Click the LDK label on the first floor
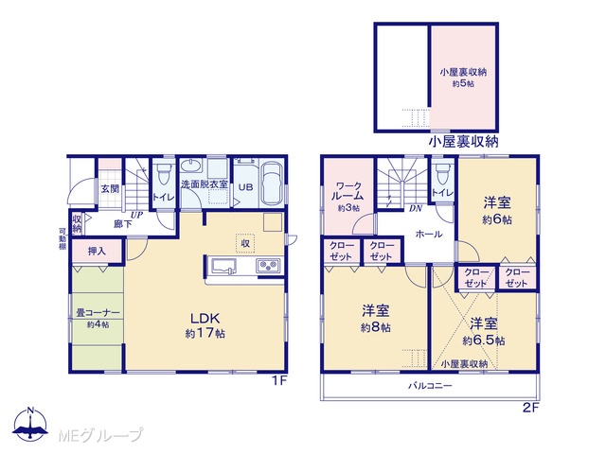[x=205, y=319]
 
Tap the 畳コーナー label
[x=98, y=313]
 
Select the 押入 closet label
[x=97, y=252]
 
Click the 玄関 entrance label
[x=110, y=189]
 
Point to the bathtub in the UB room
[x=272, y=183]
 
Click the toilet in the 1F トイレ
[x=164, y=174]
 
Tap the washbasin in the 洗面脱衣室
[x=191, y=166]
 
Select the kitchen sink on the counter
[x=223, y=267]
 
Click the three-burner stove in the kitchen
[x=268, y=266]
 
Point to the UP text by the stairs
[x=137, y=215]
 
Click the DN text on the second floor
[x=416, y=209]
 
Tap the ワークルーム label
[x=348, y=191]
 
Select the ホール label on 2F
[x=429, y=234]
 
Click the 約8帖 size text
[x=376, y=328]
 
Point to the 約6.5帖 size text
[x=484, y=340]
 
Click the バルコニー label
[x=430, y=385]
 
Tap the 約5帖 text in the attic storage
[x=463, y=83]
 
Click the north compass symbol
[x=30, y=424]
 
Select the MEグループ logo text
[x=99, y=435]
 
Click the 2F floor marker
[x=530, y=408]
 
